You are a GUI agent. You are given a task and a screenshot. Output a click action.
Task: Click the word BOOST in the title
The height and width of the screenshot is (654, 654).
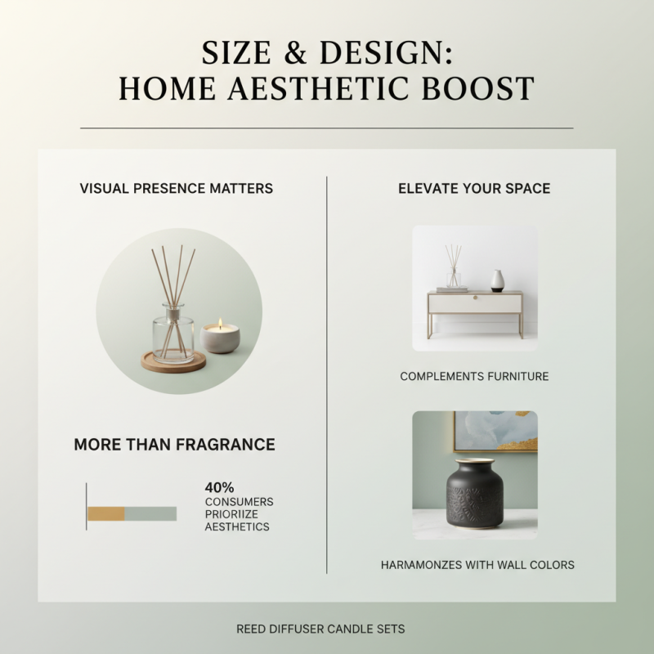[x=478, y=89]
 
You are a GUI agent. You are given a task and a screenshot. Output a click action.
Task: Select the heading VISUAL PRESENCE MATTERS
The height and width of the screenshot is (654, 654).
[x=177, y=189]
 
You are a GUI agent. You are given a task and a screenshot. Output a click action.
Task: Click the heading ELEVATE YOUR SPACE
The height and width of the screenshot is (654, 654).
[x=474, y=189]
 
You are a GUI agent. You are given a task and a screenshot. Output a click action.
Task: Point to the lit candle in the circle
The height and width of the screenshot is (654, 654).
[x=220, y=336]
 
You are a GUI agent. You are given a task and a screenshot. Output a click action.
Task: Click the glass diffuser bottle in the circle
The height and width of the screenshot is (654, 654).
[x=173, y=331]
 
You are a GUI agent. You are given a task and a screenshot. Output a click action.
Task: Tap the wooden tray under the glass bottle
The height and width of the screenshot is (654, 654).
[x=173, y=363]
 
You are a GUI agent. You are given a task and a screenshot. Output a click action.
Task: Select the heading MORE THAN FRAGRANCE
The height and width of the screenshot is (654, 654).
[x=174, y=445]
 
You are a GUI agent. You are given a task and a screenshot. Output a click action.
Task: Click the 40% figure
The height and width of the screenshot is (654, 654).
[x=220, y=488]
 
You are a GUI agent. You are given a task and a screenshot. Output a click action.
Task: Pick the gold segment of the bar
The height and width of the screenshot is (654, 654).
[x=105, y=513]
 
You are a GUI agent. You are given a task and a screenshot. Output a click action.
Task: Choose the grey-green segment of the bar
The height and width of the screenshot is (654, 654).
[x=150, y=513]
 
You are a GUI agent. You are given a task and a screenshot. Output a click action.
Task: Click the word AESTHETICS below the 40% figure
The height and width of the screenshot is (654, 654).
[x=237, y=527]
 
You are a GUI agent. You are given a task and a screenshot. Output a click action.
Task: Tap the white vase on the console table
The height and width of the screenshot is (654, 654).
[x=497, y=280]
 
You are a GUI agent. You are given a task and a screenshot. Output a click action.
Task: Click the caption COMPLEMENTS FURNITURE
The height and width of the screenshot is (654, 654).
[x=474, y=377]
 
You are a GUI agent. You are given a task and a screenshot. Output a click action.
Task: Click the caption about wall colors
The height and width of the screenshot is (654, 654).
[x=477, y=565]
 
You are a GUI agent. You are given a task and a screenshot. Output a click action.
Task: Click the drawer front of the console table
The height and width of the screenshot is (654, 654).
[x=475, y=303]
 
